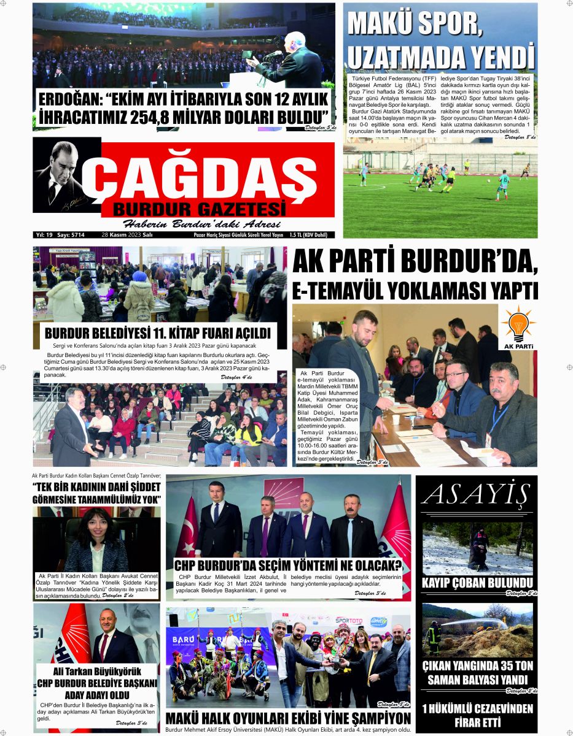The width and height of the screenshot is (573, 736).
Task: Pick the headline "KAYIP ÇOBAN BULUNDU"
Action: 477,583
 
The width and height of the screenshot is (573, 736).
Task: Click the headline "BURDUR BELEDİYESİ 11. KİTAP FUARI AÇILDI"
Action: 158,334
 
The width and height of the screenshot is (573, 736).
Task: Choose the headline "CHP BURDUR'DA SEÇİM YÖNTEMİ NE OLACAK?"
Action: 287,565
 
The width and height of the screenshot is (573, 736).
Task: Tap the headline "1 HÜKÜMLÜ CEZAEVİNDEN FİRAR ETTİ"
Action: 477,715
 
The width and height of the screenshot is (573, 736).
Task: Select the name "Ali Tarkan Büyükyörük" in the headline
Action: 97,672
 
